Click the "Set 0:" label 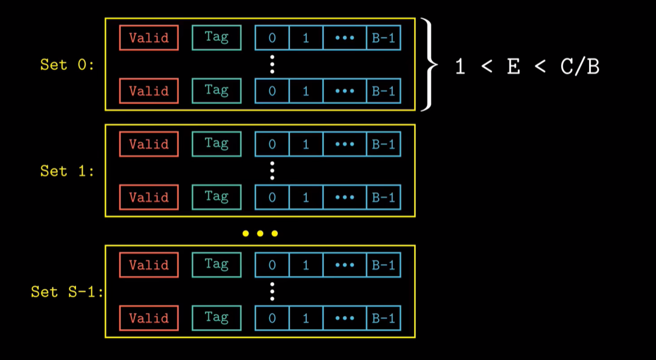(x=67, y=64)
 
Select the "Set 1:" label (x=67, y=171)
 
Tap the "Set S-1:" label (x=67, y=292)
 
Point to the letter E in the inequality (x=513, y=66)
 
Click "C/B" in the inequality (x=579, y=66)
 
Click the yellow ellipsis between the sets (x=260, y=233)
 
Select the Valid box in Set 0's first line (x=149, y=38)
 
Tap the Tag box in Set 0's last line (x=216, y=91)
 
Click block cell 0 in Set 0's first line (x=272, y=38)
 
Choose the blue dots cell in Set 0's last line (x=345, y=91)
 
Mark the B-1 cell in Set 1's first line (x=384, y=144)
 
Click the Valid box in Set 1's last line (x=149, y=197)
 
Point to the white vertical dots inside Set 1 (x=272, y=171)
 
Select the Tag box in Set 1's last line (x=216, y=197)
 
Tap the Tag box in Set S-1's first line (x=216, y=265)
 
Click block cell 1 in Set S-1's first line (x=306, y=265)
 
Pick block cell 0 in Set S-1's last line (x=272, y=318)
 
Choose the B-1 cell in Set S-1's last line (x=384, y=318)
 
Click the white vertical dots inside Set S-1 (x=272, y=291)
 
